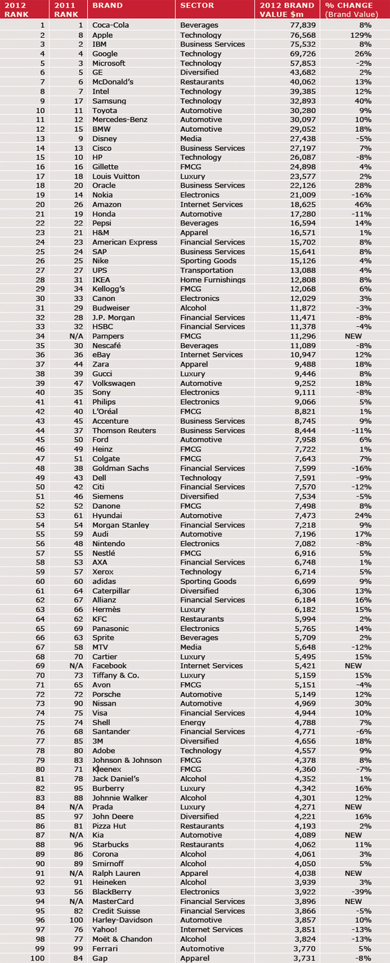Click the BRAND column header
coord(107,6)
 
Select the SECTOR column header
coord(194,6)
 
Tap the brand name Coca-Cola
coord(111,26)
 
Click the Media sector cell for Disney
coord(190,139)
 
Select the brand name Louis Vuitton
coord(114,177)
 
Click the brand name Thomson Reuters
coord(123,431)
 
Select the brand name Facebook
coord(109,666)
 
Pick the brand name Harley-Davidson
coord(122,920)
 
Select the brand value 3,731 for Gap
coord(302,958)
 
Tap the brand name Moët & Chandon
coord(122,939)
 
